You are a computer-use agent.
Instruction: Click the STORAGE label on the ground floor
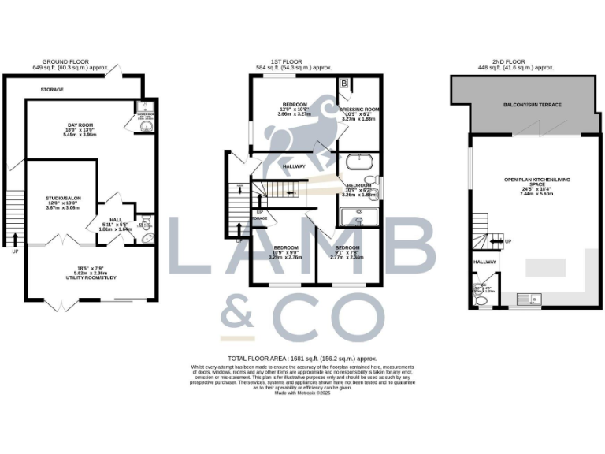point(53,90)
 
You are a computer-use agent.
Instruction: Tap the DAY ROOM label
point(80,124)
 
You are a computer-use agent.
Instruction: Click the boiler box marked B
point(345,84)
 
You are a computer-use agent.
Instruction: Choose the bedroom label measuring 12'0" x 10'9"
point(295,105)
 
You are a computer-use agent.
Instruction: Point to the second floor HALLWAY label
point(484,262)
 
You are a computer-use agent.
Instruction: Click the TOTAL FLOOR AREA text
point(302,358)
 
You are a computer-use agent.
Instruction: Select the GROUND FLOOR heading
point(66,61)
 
